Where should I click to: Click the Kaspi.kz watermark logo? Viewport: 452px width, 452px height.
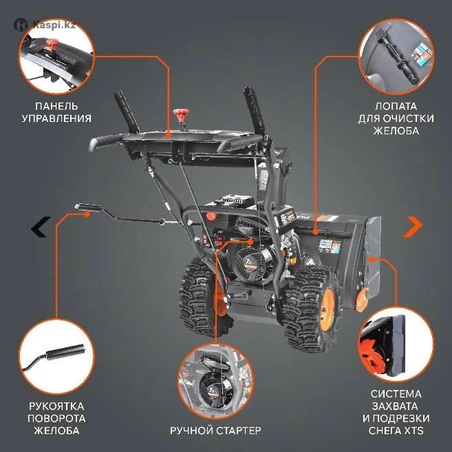click(x=45, y=25)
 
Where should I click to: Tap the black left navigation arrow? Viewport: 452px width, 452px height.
click(x=41, y=227)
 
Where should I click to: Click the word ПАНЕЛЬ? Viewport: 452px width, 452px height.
click(x=56, y=106)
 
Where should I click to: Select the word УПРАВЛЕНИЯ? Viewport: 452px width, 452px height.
click(x=56, y=119)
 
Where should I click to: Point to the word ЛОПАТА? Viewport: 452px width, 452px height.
click(x=396, y=106)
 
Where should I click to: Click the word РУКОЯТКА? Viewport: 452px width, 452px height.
click(x=56, y=406)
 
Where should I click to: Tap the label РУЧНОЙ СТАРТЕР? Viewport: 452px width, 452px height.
click(x=215, y=431)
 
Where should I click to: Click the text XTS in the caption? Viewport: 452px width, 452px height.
click(x=413, y=431)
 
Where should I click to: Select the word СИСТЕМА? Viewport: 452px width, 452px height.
click(x=396, y=394)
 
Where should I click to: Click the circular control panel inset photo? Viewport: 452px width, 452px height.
click(x=56, y=56)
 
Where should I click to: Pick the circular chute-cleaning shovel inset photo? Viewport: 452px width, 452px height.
click(x=396, y=56)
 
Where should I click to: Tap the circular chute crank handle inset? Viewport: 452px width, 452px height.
click(x=56, y=356)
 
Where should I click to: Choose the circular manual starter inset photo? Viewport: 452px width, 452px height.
click(x=215, y=381)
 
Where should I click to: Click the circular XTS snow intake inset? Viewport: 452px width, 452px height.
click(x=396, y=345)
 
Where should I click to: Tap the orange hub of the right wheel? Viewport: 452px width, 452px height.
click(x=327, y=306)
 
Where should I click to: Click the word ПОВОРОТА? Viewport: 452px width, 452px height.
click(x=56, y=418)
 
